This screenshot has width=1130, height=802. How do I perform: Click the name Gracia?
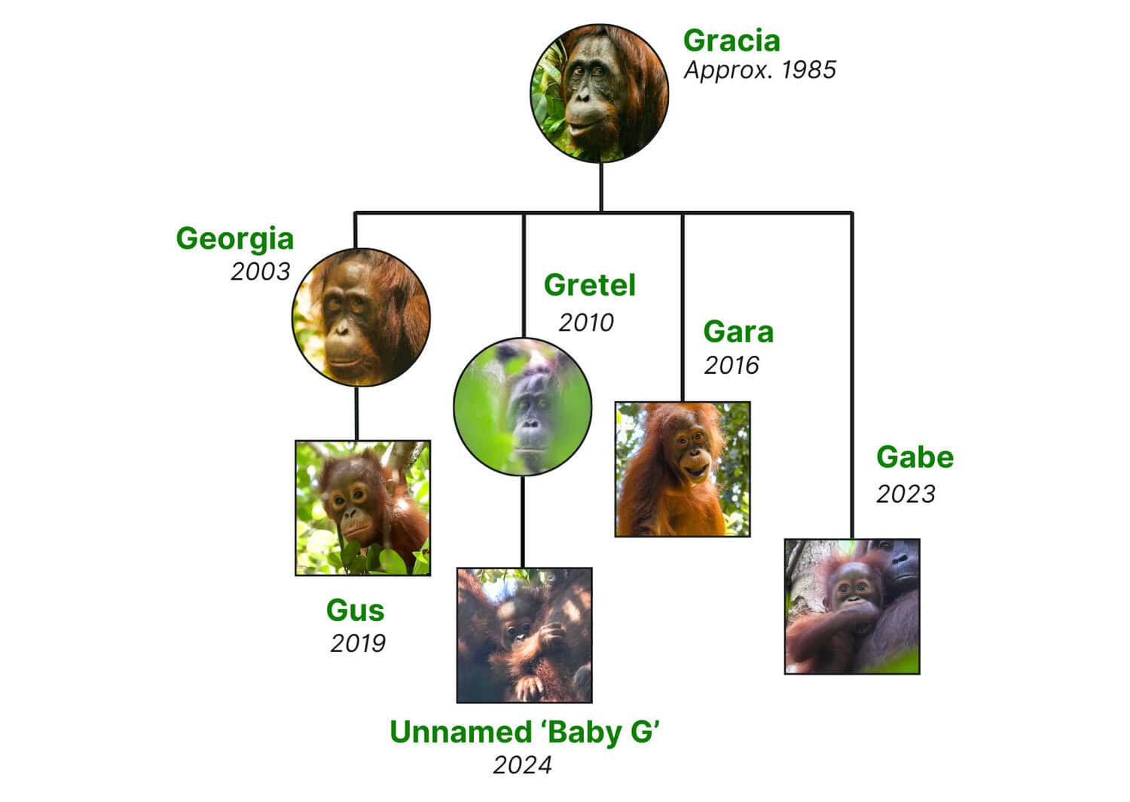pyautogui.click(x=731, y=41)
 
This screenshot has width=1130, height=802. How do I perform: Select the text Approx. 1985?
pyautogui.click(x=759, y=70)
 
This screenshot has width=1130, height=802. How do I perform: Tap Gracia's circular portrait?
pyautogui.click(x=600, y=93)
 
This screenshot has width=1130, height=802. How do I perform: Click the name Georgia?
pyautogui.click(x=234, y=239)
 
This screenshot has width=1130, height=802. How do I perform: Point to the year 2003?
pyautogui.click(x=261, y=271)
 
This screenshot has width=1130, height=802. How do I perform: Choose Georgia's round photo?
pyautogui.click(x=361, y=317)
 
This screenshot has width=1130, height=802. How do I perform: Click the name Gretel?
pyautogui.click(x=590, y=285)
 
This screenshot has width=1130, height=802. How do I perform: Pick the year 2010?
pyautogui.click(x=585, y=323)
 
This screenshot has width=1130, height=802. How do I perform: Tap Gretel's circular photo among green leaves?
pyautogui.click(x=523, y=406)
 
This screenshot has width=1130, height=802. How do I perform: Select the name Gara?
pyautogui.click(x=738, y=332)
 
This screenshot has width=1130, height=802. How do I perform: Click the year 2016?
pyautogui.click(x=731, y=366)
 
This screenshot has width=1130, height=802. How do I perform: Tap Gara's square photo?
pyautogui.click(x=683, y=469)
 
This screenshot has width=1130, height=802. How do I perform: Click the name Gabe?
pyautogui.click(x=915, y=458)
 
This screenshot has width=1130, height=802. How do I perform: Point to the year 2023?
pyautogui.click(x=906, y=494)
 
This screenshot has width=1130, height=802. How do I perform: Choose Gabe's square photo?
pyautogui.click(x=852, y=606)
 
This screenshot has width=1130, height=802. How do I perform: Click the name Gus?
pyautogui.click(x=355, y=611)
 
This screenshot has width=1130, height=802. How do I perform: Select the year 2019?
pyautogui.click(x=358, y=644)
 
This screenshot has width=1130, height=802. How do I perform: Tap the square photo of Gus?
pyautogui.click(x=362, y=508)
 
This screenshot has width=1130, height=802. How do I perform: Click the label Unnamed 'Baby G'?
pyautogui.click(x=524, y=732)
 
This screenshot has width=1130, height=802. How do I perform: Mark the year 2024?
pyautogui.click(x=522, y=765)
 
